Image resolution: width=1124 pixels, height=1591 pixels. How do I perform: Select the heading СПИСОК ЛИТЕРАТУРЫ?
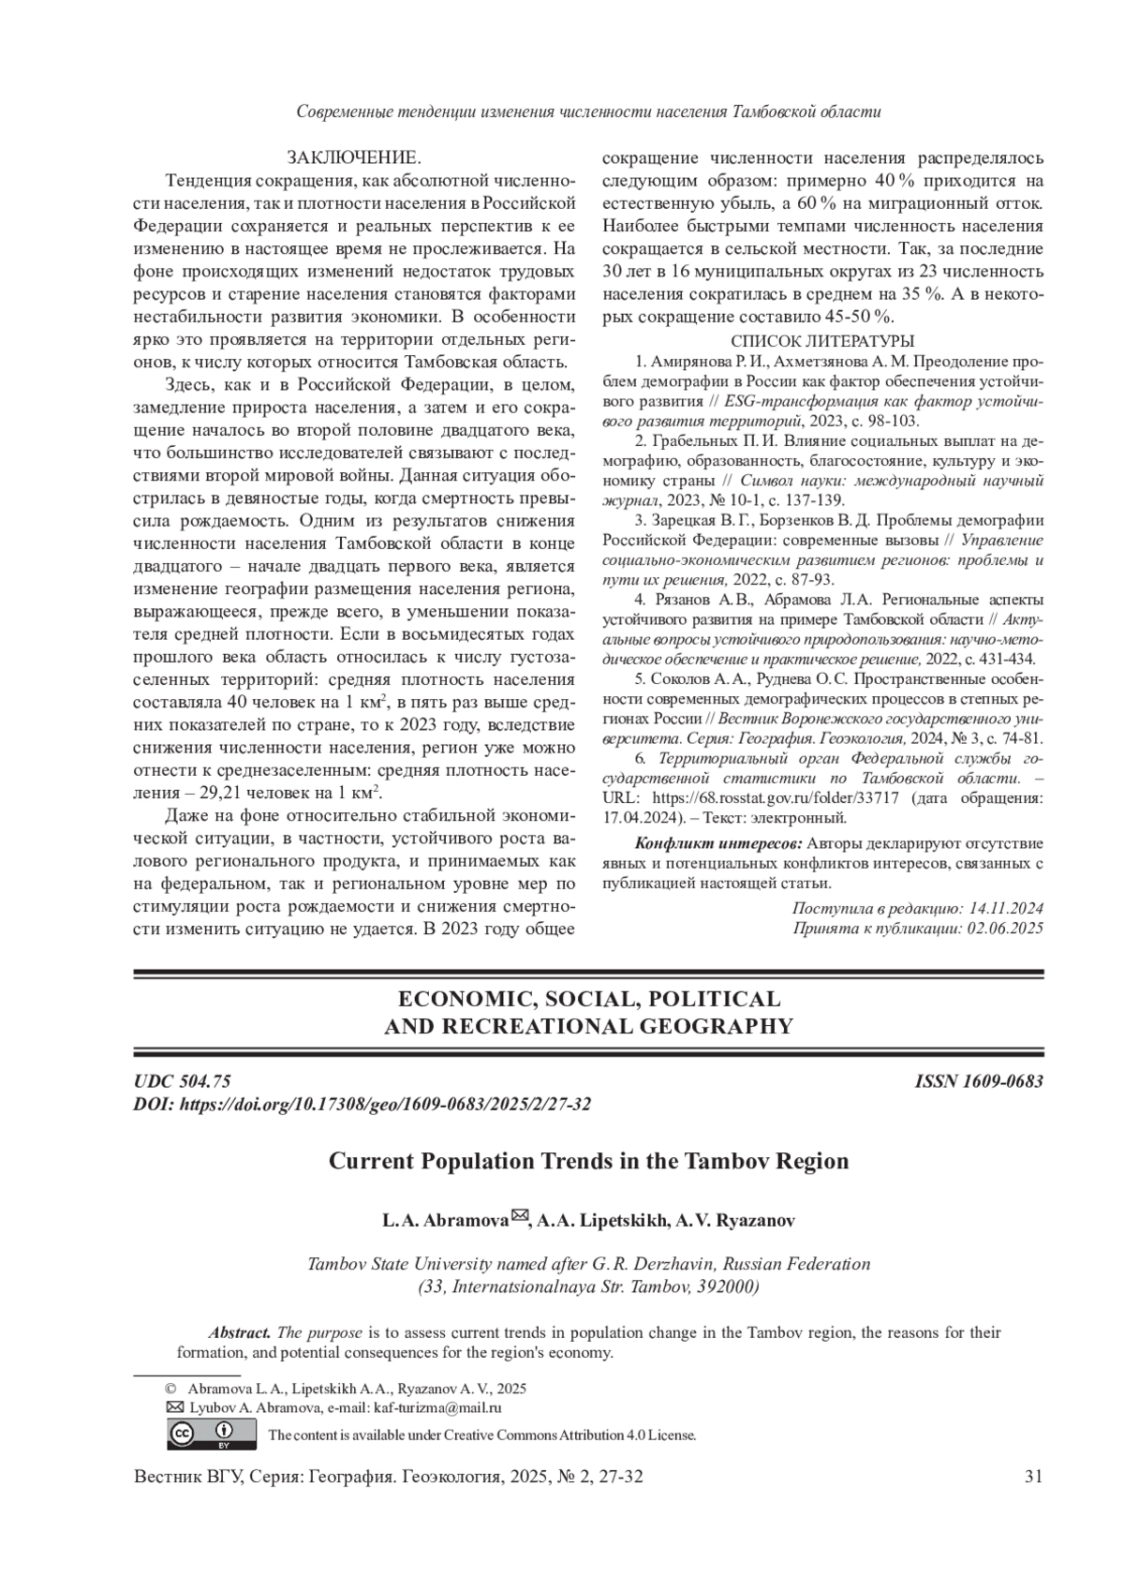pyautogui.click(x=821, y=341)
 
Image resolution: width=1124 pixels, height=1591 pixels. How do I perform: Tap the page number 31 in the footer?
pyautogui.click(x=1034, y=1478)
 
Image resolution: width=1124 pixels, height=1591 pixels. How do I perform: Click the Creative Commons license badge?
pyautogui.click(x=212, y=1434)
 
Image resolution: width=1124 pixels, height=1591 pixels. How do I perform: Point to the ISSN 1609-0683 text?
pyautogui.click(x=979, y=1081)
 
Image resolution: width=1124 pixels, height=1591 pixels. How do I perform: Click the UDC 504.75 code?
pyautogui.click(x=183, y=1081)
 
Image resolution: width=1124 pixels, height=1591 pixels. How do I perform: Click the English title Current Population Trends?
pyautogui.click(x=588, y=1161)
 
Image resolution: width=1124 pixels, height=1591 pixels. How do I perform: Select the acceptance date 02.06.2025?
pyautogui.click(x=1005, y=928)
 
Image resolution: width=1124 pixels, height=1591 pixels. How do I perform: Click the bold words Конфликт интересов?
pyautogui.click(x=718, y=843)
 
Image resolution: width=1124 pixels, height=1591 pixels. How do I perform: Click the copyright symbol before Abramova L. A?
pyautogui.click(x=170, y=1389)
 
